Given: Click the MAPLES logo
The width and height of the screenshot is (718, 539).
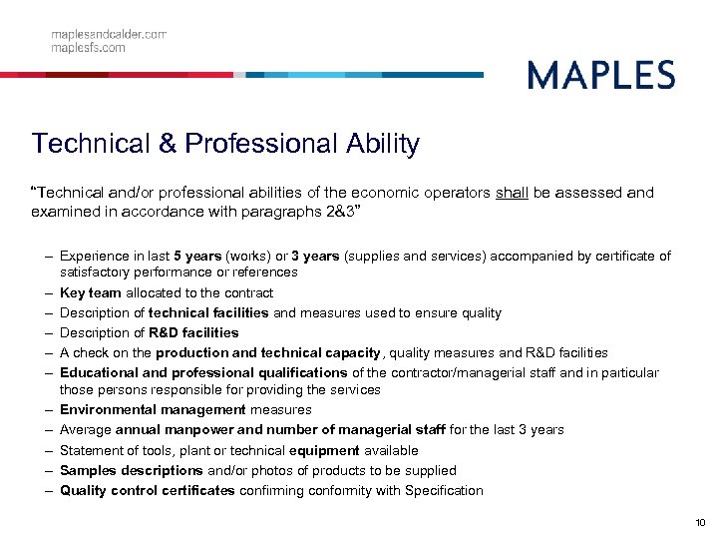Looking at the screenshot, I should [600, 75].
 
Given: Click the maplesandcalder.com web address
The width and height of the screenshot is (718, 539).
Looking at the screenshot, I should [109, 34].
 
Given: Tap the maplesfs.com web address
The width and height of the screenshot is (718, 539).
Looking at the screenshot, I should [89, 47].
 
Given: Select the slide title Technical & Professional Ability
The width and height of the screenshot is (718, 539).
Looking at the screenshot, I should [225, 144].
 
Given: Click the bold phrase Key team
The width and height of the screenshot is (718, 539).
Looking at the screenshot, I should [90, 292].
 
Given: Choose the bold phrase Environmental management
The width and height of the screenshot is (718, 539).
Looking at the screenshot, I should [153, 409].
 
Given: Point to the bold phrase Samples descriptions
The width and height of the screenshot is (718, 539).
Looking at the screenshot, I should [131, 470].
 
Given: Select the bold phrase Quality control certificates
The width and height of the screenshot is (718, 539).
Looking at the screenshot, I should [147, 490].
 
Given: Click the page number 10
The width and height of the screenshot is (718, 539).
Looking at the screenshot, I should [699, 523].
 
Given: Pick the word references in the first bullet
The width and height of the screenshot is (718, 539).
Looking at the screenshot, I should [264, 271].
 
